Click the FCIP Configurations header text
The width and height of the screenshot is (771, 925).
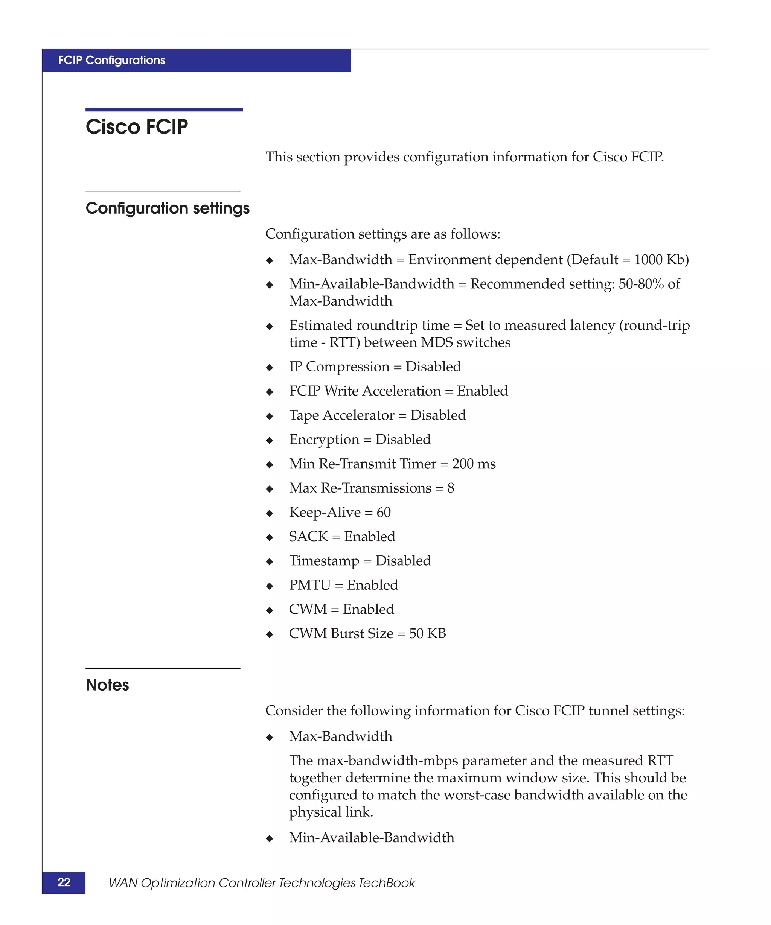click(111, 60)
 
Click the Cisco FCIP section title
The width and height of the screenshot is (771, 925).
click(137, 127)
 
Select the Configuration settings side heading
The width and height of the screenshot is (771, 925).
click(168, 208)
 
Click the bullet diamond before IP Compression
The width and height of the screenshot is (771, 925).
click(270, 368)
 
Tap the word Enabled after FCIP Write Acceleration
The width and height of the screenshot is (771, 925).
click(482, 391)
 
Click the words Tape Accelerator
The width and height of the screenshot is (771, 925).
click(341, 415)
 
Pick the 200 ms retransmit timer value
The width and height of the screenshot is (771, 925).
click(474, 464)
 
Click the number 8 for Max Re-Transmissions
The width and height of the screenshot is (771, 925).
click(450, 488)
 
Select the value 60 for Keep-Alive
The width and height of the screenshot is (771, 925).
click(383, 512)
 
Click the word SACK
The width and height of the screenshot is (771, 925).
click(308, 537)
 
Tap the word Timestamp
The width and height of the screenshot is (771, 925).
click(324, 561)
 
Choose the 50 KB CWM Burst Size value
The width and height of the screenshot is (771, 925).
click(427, 633)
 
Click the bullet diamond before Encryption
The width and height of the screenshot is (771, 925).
click(270, 440)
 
